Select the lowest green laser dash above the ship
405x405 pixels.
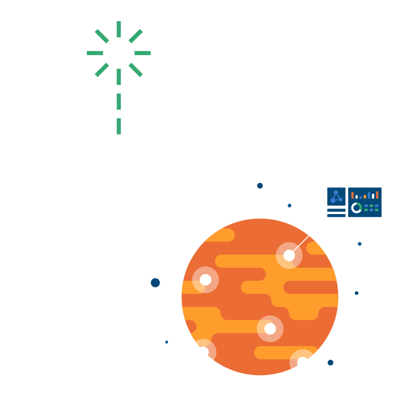pyautogui.click(x=119, y=126)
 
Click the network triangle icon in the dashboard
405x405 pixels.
pyautogui.click(x=336, y=197)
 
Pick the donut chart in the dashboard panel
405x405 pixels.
pyautogui.click(x=356, y=208)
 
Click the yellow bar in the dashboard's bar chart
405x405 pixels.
pyautogui.click(x=365, y=196)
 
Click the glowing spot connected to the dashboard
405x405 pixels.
pyautogui.click(x=289, y=256)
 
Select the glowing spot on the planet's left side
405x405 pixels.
pyautogui.click(x=205, y=280)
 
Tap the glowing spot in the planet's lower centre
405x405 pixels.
pyautogui.click(x=270, y=329)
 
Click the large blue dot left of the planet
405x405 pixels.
pyautogui.click(x=155, y=283)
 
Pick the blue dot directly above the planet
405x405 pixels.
pyautogui.click(x=260, y=186)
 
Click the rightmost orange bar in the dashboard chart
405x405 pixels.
pyautogui.click(x=377, y=195)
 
